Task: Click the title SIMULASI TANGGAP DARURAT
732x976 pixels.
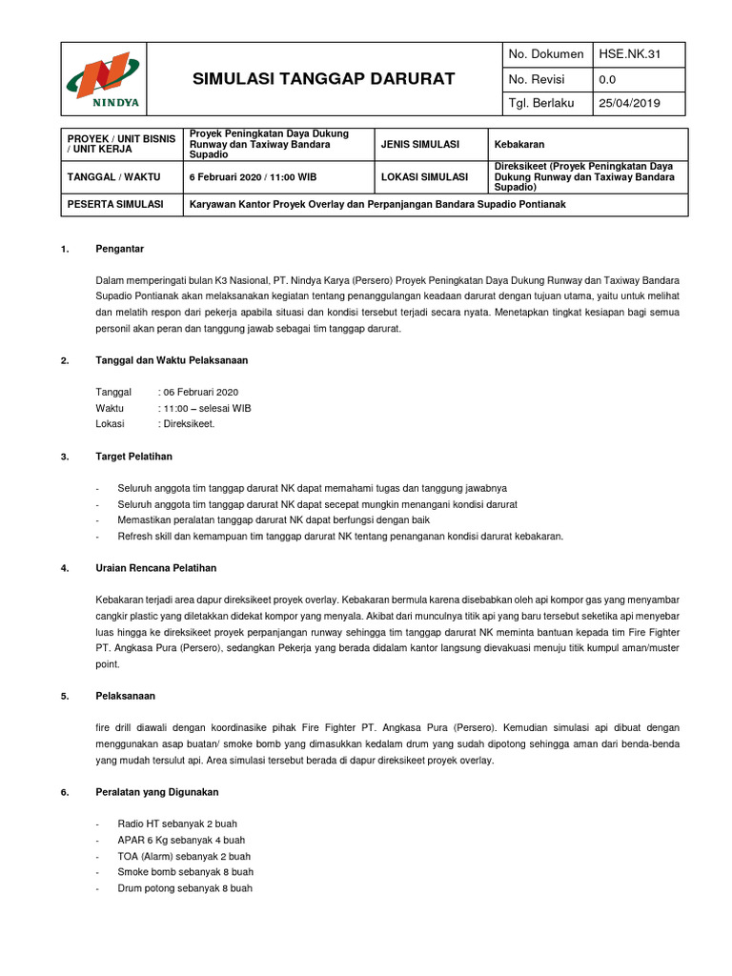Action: [x=311, y=78]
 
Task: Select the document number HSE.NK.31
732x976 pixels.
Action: [x=628, y=54]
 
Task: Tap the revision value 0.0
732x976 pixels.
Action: [x=607, y=79]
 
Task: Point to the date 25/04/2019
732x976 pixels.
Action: [x=628, y=104]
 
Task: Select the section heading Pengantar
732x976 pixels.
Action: [x=119, y=249]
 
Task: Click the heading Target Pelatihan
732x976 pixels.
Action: [x=133, y=457]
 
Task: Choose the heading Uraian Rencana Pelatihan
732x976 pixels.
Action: [x=155, y=568]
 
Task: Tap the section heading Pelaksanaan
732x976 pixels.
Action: [x=126, y=696]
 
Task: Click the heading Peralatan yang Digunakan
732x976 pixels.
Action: [x=157, y=792]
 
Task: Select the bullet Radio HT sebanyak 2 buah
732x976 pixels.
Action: [x=177, y=823]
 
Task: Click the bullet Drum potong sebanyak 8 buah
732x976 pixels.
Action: [x=185, y=887]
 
